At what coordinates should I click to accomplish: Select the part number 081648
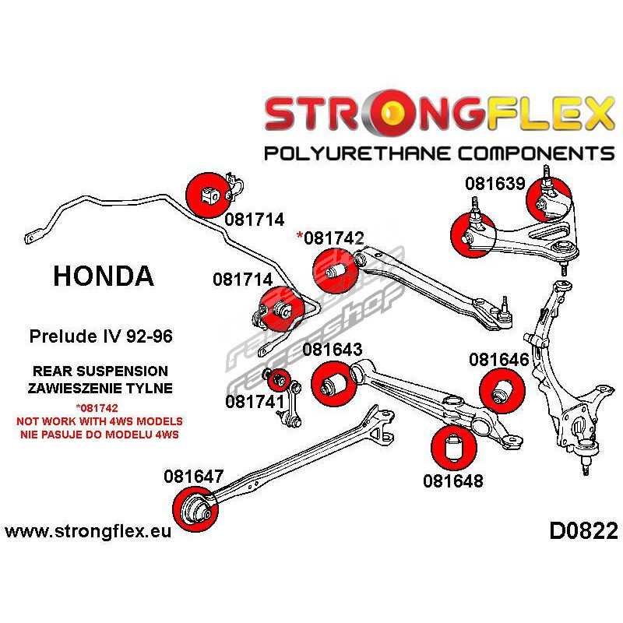(x=453, y=480)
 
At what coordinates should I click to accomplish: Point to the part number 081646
(x=499, y=360)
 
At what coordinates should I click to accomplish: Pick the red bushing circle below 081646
(x=499, y=389)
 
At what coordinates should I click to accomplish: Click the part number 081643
(x=333, y=350)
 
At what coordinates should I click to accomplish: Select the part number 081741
(x=254, y=402)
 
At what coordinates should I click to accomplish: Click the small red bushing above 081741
(x=278, y=380)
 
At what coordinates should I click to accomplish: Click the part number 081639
(x=496, y=184)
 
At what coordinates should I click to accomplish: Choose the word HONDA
(x=104, y=275)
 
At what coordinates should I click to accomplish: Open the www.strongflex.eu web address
(x=88, y=532)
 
